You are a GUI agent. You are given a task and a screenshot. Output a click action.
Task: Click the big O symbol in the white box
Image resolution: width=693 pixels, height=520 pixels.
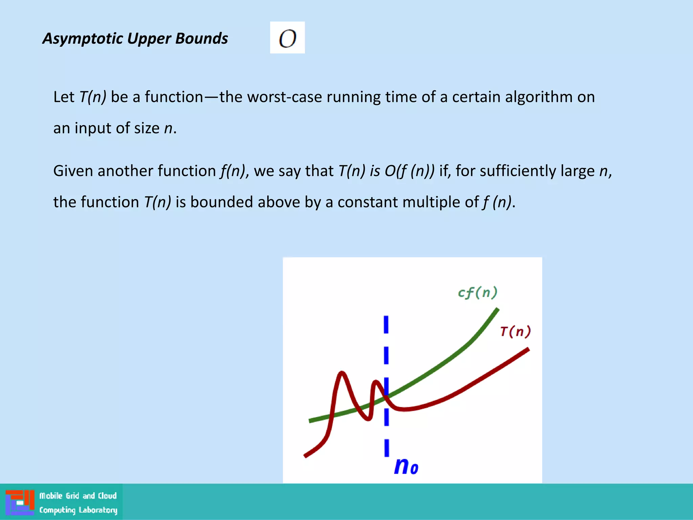coord(287,38)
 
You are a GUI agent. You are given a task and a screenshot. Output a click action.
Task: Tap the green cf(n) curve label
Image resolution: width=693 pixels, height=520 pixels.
coord(477,292)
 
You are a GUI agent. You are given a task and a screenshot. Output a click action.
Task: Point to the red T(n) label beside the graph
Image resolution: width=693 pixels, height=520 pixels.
coord(515,331)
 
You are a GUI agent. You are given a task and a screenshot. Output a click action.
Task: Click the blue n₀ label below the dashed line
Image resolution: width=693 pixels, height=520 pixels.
coord(406,466)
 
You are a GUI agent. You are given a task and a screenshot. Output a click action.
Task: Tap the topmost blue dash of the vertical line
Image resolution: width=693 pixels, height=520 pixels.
coord(386,324)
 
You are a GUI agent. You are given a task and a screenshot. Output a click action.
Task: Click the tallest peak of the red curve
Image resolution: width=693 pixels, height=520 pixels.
coord(342,373)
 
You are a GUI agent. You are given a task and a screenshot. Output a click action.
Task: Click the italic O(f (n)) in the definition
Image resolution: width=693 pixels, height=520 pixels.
coord(409,171)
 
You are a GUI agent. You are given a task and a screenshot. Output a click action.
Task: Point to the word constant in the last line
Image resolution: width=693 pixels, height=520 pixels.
coord(368,202)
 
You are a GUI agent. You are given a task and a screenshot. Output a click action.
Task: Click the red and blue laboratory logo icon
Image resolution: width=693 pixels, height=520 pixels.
coord(20,502)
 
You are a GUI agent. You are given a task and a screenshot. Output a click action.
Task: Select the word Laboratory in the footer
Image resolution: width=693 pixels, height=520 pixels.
coord(98,510)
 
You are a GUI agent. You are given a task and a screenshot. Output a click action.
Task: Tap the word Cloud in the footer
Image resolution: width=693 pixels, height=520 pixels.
coord(107,496)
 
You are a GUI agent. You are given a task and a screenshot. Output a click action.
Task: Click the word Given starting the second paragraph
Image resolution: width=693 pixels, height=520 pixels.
coord(73,171)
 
